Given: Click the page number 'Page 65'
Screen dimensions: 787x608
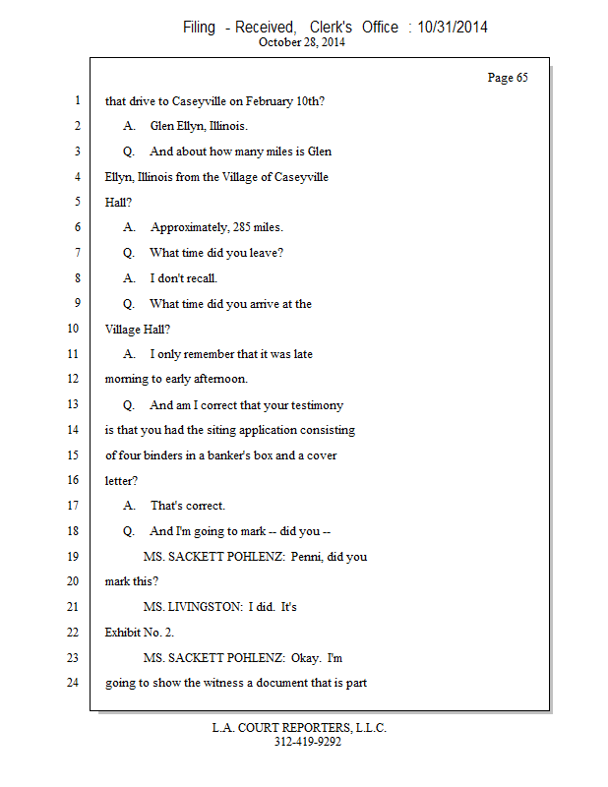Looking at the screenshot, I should coord(508,78).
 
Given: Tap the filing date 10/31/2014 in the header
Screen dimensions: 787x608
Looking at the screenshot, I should coord(453,28).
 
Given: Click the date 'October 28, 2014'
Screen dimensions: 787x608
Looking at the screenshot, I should coord(302,43).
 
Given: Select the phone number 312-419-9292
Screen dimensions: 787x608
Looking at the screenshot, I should coord(308,743).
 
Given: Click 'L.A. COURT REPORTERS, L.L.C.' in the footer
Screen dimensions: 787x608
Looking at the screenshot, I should coord(300,729).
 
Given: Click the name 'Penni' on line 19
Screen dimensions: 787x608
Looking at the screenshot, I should coord(307,557).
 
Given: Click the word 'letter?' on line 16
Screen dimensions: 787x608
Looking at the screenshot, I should coord(123,481).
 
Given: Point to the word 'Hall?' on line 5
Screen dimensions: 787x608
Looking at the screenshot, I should coord(118,202).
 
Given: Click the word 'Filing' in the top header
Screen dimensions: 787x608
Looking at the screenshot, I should coord(199,28).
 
